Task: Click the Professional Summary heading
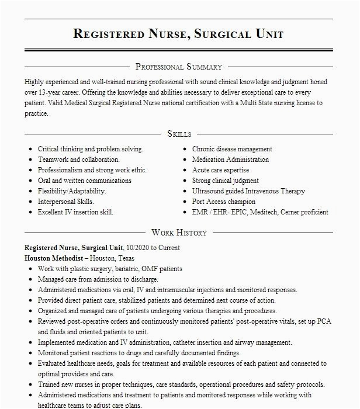tap(179, 67)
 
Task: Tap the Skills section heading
tap(179, 134)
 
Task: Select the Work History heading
tap(179, 233)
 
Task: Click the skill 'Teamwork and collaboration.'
tap(79, 160)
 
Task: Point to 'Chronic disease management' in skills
tap(232, 149)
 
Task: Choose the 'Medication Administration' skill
tap(230, 160)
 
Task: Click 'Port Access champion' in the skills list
tap(224, 202)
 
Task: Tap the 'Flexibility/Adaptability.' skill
tap(72, 191)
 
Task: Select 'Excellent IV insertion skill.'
tap(75, 212)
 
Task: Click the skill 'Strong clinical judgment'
tap(226, 181)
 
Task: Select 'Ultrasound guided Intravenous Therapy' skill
tap(248, 191)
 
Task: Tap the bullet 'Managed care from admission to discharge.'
tap(98, 279)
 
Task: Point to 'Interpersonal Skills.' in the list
tap(65, 202)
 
